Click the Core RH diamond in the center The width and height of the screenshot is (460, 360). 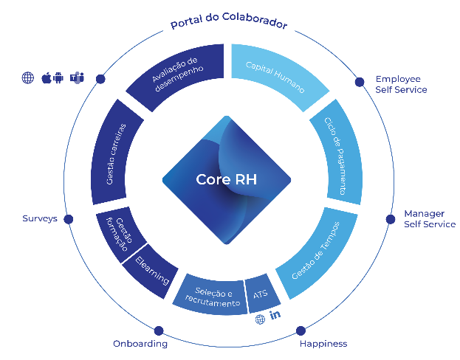[x=226, y=179]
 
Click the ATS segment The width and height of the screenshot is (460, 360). [x=261, y=294]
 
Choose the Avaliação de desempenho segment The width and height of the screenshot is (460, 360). [x=177, y=75]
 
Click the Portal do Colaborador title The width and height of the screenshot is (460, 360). [x=229, y=22]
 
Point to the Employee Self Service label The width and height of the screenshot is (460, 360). [x=401, y=84]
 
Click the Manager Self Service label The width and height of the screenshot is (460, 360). [x=429, y=219]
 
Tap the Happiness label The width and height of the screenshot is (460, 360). [x=323, y=344]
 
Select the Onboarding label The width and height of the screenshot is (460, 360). [x=140, y=344]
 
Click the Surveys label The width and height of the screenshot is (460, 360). [x=40, y=219]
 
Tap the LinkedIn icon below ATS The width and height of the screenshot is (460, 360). [x=276, y=316]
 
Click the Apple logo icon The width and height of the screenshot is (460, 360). [x=46, y=77]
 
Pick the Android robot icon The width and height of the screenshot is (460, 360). [x=60, y=77]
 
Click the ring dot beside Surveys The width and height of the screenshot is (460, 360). [x=69, y=219]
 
